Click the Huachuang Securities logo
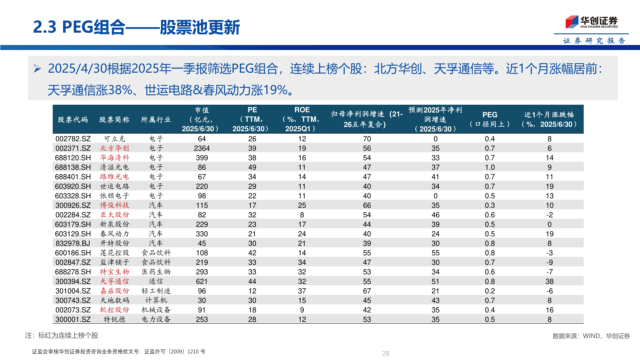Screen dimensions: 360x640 pyautogui.click(x=591, y=22)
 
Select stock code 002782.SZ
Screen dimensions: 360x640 pyautogui.click(x=73, y=139)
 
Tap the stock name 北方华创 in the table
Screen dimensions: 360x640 pyautogui.click(x=114, y=148)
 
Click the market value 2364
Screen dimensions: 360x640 pyautogui.click(x=202, y=148)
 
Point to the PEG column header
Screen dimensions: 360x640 pyautogui.click(x=490, y=119)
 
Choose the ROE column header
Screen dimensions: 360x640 pyautogui.click(x=302, y=119)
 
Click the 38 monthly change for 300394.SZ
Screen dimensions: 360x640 pyautogui.click(x=549, y=282)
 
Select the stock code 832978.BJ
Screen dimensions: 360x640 pyautogui.click(x=73, y=244)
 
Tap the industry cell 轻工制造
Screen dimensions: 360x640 pyautogui.click(x=156, y=291)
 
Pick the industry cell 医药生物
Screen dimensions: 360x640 pyautogui.click(x=156, y=272)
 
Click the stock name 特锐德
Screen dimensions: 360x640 pyautogui.click(x=114, y=320)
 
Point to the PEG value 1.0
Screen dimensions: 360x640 pyautogui.click(x=490, y=167)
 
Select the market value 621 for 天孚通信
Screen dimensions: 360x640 pyautogui.click(x=202, y=282)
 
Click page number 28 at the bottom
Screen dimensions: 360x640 pyautogui.click(x=386, y=354)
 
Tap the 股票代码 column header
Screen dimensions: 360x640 pyautogui.click(x=73, y=120)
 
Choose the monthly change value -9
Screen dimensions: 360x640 pyautogui.click(x=549, y=263)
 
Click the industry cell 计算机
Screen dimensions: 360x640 pyautogui.click(x=156, y=301)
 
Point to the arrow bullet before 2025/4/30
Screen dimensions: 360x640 pyautogui.click(x=37, y=69)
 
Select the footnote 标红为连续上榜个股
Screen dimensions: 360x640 pyautogui.click(x=68, y=336)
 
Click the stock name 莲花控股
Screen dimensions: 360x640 pyautogui.click(x=114, y=253)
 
